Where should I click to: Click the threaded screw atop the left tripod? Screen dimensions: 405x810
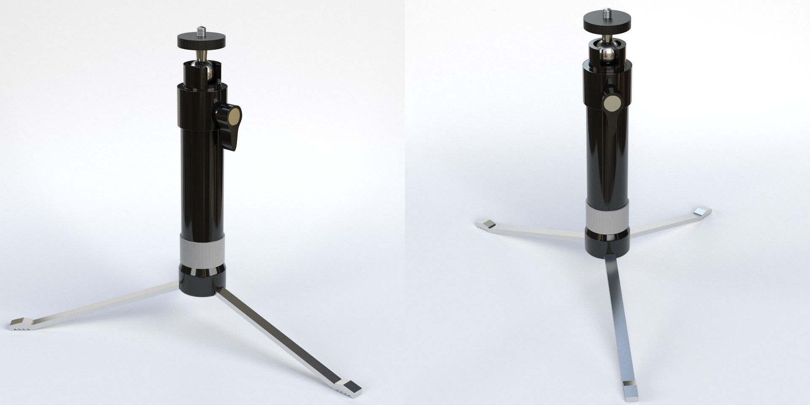[x=201, y=31]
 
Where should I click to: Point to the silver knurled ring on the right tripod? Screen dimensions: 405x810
[x=607, y=217]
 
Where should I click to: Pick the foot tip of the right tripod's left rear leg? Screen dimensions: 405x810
[x=486, y=225]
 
